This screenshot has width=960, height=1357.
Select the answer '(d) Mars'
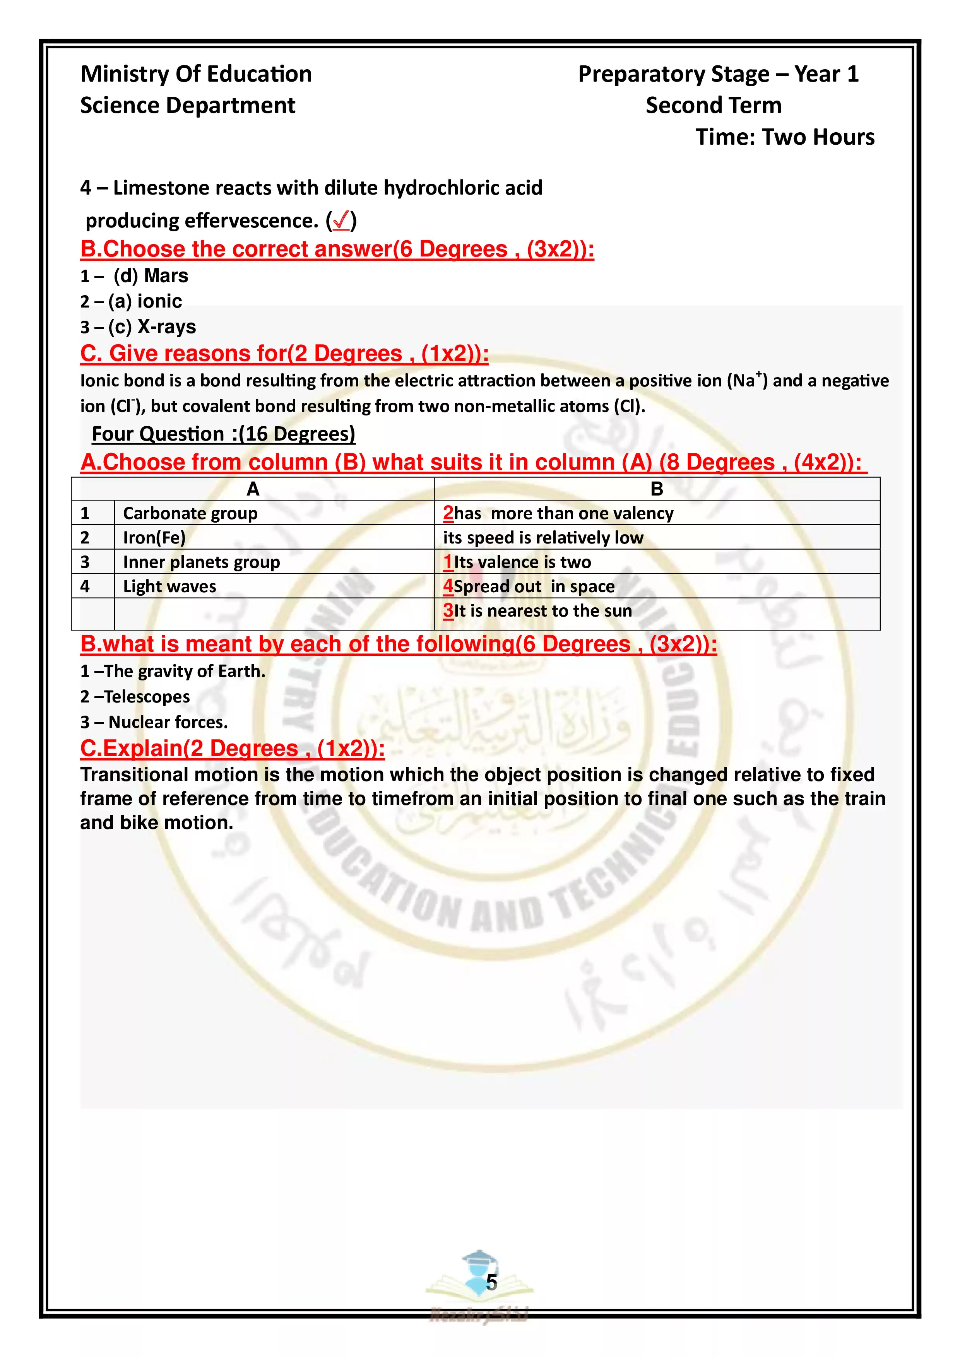pos(151,276)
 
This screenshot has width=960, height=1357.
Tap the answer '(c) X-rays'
pos(152,327)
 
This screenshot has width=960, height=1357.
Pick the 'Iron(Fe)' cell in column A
pos(154,537)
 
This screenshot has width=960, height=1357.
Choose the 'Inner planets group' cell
pos(201,562)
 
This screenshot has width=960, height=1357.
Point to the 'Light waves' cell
pos(169,586)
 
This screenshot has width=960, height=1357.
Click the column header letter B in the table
pos(656,489)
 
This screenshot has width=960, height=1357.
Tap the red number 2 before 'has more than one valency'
pos(448,513)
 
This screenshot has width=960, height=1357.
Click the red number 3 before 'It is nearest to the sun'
pos(448,610)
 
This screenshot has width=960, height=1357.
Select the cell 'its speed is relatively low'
pos(542,537)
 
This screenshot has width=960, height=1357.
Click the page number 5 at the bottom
pos(491,1282)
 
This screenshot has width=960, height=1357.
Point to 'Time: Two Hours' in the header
pos(784,137)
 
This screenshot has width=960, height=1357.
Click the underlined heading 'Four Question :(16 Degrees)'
pos(223,434)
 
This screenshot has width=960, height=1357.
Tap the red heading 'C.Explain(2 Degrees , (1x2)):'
pos(232,748)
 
